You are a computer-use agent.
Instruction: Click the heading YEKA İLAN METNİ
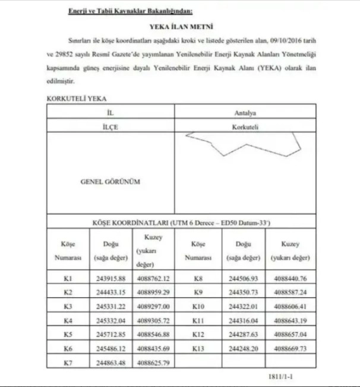click(x=181, y=27)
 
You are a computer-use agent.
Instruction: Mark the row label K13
click(x=199, y=348)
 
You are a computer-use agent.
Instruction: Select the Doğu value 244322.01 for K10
click(x=242, y=306)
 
